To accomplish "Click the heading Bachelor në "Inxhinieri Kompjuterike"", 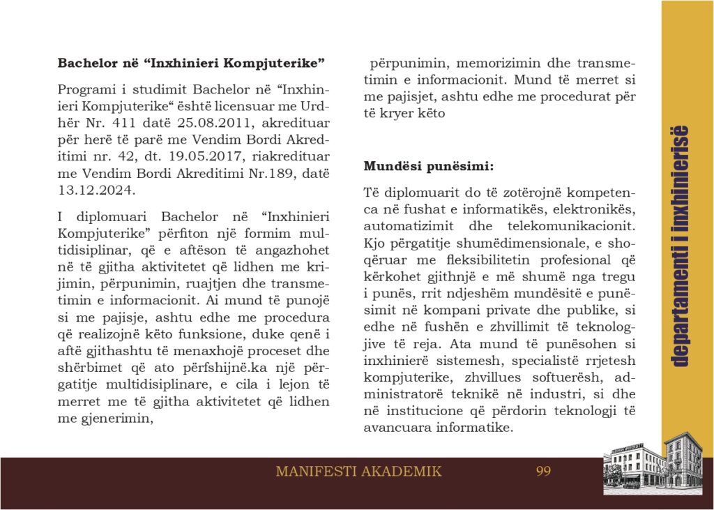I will pyautogui.click(x=192, y=63).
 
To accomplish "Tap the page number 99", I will pyautogui.click(x=543, y=471).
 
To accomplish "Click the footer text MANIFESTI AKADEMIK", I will pyautogui.click(x=358, y=471).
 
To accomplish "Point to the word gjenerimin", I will pyautogui.click(x=119, y=419).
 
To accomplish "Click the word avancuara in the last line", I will pyautogui.click(x=401, y=428).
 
